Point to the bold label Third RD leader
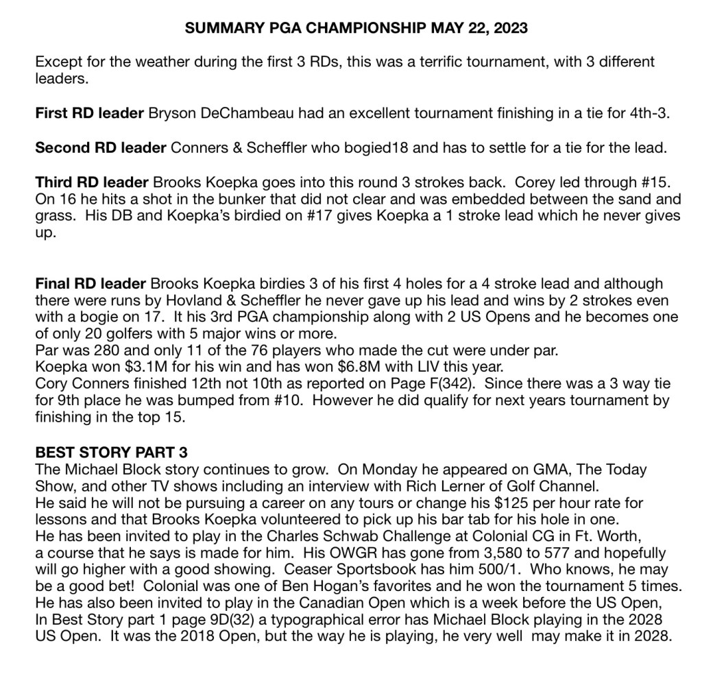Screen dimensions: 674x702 [92, 182]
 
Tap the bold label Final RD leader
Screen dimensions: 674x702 [90, 284]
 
